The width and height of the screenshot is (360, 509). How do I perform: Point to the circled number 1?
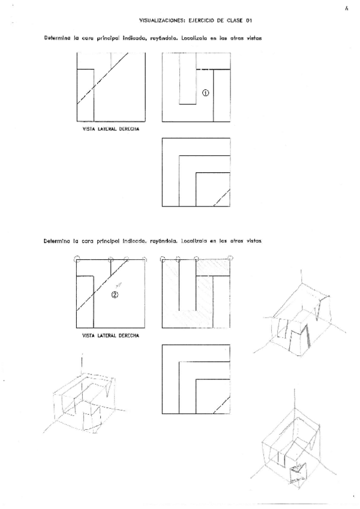coord(205,92)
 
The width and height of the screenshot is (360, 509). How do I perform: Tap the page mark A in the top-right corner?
coord(347,9)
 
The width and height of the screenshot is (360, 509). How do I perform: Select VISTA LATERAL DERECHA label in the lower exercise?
coord(110,335)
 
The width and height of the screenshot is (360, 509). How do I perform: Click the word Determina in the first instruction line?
coord(56,37)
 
